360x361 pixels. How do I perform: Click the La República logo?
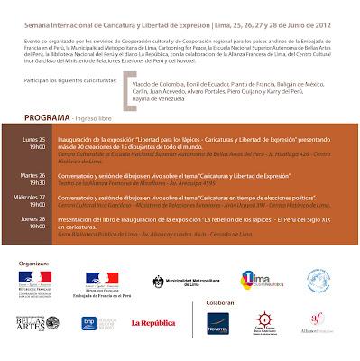pos(156,322)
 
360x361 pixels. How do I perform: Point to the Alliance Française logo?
pos(317,321)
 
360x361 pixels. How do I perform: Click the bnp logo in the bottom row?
pos(91,322)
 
